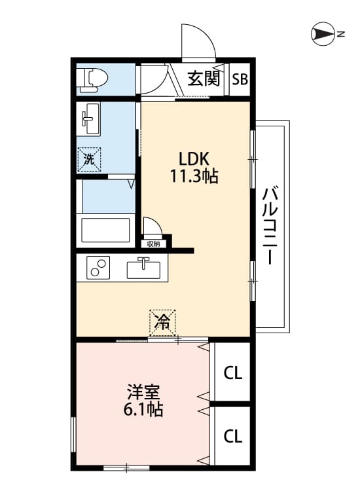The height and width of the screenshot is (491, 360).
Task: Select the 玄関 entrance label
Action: [204, 79]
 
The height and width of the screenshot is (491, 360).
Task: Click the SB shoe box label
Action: [240, 79]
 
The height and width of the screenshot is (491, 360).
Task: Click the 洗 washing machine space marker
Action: [89, 160]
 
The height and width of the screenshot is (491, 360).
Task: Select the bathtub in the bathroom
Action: [105, 230]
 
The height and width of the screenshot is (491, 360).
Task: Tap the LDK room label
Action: [194, 159]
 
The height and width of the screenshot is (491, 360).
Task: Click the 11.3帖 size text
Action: [194, 175]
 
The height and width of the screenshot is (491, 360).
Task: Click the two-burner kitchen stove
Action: [98, 267]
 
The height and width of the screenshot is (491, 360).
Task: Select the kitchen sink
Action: [144, 268]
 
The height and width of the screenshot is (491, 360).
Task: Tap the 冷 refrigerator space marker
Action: [162, 323]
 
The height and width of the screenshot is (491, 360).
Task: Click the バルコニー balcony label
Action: [270, 226]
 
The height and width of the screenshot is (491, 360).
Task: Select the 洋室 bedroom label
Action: [144, 391]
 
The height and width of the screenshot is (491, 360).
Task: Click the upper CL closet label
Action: [233, 373]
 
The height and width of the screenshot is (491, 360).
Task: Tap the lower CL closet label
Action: [233, 435]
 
